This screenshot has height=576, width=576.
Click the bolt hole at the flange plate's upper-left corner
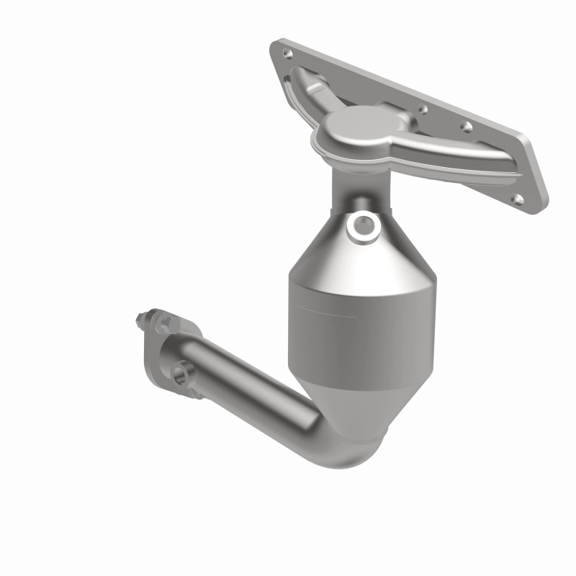point(288,53)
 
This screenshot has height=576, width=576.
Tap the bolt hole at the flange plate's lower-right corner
point(516,197)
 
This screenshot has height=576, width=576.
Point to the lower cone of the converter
point(346,403)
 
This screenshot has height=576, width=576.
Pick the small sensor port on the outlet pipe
point(186,374)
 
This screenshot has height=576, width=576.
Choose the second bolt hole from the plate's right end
point(467,127)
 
